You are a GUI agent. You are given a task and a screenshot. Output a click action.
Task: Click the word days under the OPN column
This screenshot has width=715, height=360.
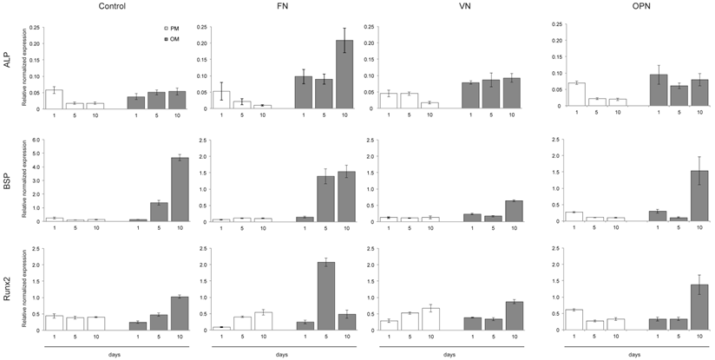[635, 354]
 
